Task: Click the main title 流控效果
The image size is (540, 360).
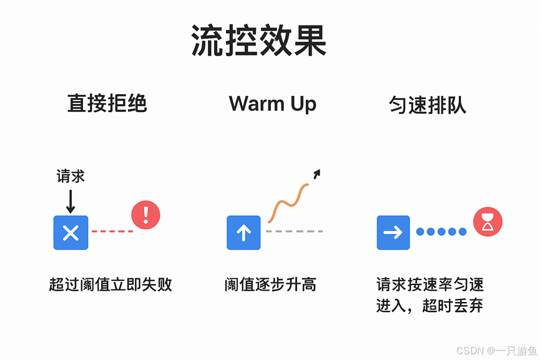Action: [x=258, y=42]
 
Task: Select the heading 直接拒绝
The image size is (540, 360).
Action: [x=107, y=103]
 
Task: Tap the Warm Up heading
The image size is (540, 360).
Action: [x=272, y=103]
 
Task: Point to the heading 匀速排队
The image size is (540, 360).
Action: [x=428, y=105]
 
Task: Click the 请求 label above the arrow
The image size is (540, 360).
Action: [x=71, y=177]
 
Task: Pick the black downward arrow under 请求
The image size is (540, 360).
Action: [x=71, y=201]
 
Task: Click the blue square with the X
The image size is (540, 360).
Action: [x=71, y=233]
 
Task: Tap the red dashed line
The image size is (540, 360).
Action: [x=112, y=231]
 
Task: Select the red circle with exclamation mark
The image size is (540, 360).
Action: [x=146, y=215]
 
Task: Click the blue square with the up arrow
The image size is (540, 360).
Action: [x=243, y=233]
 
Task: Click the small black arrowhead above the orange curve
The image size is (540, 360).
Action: [x=317, y=173]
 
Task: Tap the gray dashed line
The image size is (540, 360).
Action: [x=294, y=231]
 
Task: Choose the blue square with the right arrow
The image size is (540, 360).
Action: [x=393, y=233]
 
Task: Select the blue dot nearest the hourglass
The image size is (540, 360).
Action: [x=463, y=231]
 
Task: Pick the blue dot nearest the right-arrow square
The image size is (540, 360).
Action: [x=420, y=231]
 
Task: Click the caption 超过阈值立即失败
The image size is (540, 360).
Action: [x=110, y=285]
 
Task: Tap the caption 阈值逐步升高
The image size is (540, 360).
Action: [x=271, y=285]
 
